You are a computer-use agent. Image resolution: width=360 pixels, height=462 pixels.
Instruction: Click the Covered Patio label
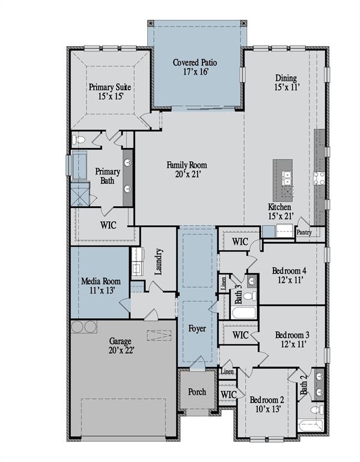click(195, 67)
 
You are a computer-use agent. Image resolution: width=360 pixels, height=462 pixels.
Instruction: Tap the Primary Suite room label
click(110, 91)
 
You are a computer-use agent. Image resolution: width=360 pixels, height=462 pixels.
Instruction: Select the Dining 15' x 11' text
click(286, 82)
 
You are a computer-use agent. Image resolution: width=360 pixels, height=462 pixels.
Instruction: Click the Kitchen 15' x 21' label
click(280, 211)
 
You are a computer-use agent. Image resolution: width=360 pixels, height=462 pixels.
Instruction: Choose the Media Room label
click(100, 285)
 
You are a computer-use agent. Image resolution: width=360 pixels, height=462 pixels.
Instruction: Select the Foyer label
click(197, 329)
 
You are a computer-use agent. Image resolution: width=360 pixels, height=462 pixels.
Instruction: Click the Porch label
click(196, 392)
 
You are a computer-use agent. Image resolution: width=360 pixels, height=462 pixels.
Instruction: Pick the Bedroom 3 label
click(292, 339)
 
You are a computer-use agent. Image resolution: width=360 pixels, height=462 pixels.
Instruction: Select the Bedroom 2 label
click(267, 404)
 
